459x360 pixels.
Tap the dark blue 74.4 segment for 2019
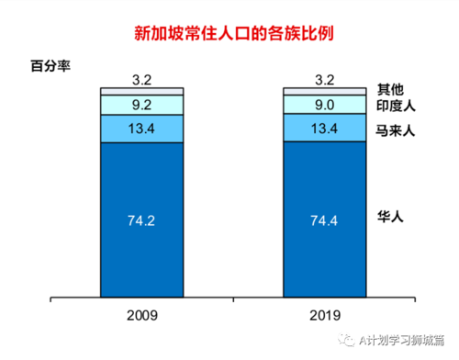pos(324,219)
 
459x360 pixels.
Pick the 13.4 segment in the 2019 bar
pos(324,128)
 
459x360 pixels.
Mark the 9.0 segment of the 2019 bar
pos(324,105)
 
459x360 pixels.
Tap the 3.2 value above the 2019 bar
pos(324,79)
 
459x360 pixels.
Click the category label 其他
pos(390,89)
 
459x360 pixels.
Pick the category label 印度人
pos(397,107)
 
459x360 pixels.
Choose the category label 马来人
pos(397,130)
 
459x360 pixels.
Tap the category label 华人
pos(390,218)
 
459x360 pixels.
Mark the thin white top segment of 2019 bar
pos(324,91)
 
